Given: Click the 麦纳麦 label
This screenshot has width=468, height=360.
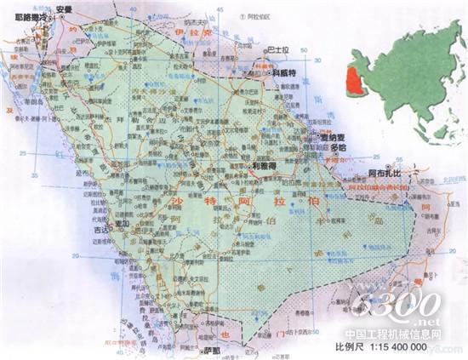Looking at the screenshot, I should [x=331, y=135].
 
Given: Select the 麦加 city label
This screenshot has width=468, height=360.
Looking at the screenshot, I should [x=122, y=224].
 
